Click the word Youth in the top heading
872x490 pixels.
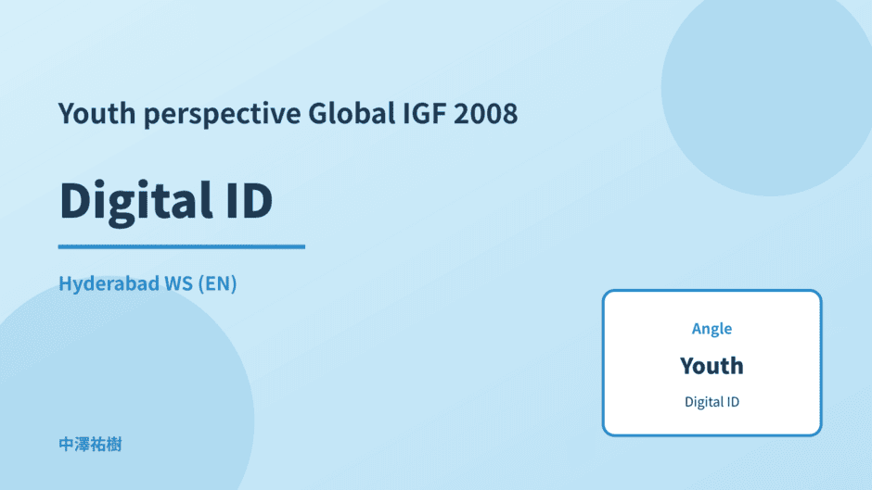pos(96,113)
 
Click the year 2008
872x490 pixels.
pos(485,113)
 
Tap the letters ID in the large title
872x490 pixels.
pos(250,200)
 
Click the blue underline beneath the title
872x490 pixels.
pos(182,246)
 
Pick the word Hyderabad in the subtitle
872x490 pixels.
pos(109,283)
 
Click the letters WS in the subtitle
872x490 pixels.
pos(179,283)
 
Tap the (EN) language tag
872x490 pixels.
pos(217,283)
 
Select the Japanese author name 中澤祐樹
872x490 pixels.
pos(90,445)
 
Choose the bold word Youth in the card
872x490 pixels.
pos(712,366)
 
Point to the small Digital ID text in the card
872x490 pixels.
pos(712,402)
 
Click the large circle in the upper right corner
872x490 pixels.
pos(767,89)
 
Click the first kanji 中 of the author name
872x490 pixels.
pos(66,445)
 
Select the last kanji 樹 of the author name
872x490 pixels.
pos(114,445)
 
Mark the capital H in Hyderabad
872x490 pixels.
pos(66,283)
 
